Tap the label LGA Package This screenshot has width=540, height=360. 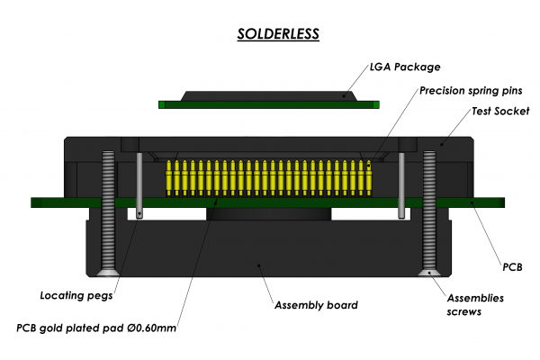click(x=406, y=67)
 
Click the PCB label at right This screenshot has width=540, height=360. click(x=514, y=267)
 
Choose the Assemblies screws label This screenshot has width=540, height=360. click(x=475, y=305)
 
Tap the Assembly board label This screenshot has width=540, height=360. click(x=315, y=305)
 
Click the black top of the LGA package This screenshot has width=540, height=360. click(x=269, y=94)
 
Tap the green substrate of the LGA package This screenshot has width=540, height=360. click(x=269, y=104)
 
